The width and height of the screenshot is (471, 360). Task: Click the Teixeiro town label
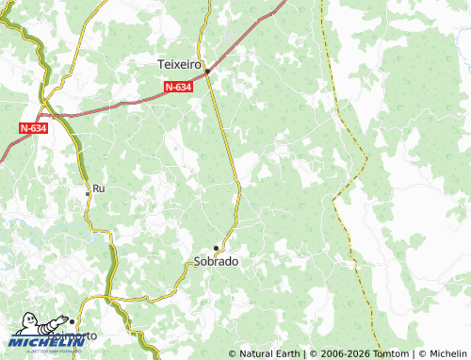[x=179, y=64]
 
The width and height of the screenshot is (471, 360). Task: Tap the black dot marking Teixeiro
[x=207, y=70]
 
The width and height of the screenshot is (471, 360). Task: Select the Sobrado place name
[x=216, y=261]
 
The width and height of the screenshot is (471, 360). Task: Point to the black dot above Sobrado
[x=217, y=248]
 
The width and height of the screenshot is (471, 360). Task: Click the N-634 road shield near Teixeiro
[x=178, y=87]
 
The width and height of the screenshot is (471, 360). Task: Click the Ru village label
[x=98, y=189]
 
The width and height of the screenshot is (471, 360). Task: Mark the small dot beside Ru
[x=88, y=192]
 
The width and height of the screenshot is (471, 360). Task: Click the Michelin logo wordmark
[x=32, y=342]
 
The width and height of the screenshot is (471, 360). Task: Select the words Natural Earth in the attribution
[x=268, y=353]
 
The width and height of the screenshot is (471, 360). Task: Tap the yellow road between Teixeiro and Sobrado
[x=228, y=141]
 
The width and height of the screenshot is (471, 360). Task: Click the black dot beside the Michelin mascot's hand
[x=73, y=321]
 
